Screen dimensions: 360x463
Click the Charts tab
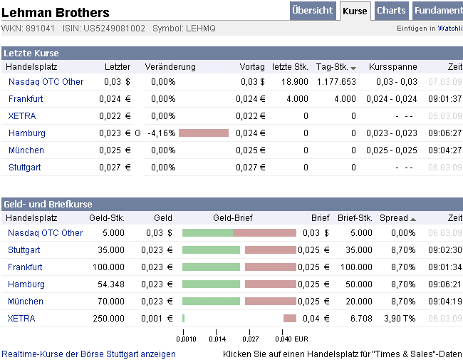click(x=391, y=11)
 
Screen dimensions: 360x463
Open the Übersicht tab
click(x=312, y=11)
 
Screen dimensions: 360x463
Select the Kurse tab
click(x=355, y=11)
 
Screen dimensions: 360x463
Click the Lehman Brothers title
click(x=56, y=13)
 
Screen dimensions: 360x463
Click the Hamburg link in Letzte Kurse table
click(x=27, y=133)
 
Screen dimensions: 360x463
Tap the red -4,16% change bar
click(x=204, y=133)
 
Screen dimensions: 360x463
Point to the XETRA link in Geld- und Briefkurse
click(x=21, y=319)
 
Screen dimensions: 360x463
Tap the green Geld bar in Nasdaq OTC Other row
click(x=207, y=233)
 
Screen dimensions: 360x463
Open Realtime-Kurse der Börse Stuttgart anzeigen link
click(x=89, y=354)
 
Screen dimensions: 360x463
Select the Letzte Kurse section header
click(x=31, y=53)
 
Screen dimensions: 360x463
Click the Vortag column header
click(x=252, y=66)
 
